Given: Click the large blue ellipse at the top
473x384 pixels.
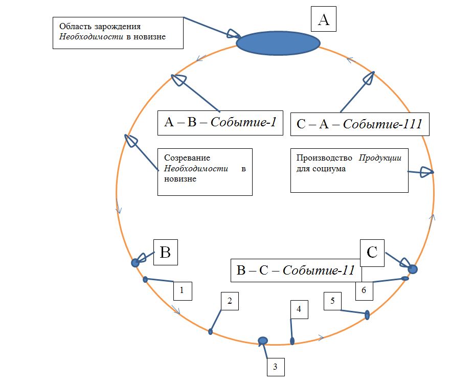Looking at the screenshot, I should pyautogui.click(x=278, y=42).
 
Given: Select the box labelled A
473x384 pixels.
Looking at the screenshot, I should pyautogui.click(x=324, y=20).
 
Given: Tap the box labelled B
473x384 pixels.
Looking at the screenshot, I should pyautogui.click(x=166, y=253).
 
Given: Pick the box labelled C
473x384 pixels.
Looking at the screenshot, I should pyautogui.click(x=372, y=253).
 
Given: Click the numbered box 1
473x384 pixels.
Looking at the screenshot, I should pyautogui.click(x=183, y=290).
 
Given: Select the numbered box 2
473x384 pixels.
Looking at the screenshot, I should pyautogui.click(x=230, y=302).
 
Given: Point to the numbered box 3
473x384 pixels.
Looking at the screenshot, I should pyautogui.click(x=275, y=367).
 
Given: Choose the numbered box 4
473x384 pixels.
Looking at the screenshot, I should pyautogui.click(x=299, y=310).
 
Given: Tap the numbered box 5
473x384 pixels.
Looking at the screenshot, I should pyautogui.click(x=333, y=301).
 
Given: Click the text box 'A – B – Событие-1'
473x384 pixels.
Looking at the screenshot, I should pyautogui.click(x=220, y=123).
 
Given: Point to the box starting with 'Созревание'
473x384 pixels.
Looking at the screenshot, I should pyautogui.click(x=205, y=172).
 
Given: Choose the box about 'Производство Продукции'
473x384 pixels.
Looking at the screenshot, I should pyautogui.click(x=349, y=170).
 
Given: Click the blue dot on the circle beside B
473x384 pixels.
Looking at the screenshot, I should pyautogui.click(x=136, y=263).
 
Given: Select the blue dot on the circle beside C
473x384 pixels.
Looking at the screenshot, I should pyautogui.click(x=413, y=268).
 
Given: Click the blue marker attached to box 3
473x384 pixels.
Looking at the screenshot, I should pyautogui.click(x=263, y=340).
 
